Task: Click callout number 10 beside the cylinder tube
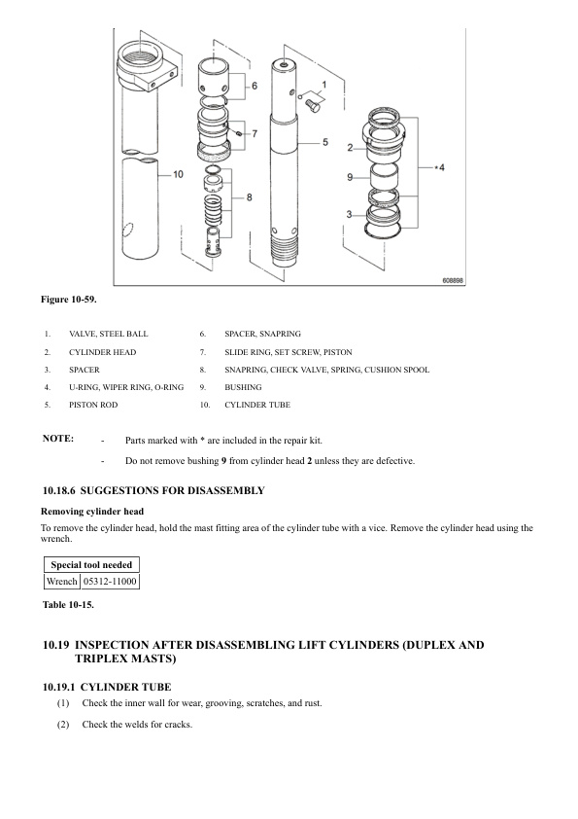click(x=178, y=174)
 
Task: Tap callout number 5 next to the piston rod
click(x=325, y=142)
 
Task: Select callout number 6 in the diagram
click(x=255, y=86)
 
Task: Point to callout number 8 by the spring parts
click(x=250, y=197)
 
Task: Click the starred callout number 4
click(x=439, y=167)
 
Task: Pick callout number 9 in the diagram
click(x=350, y=178)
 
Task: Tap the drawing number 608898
click(x=453, y=280)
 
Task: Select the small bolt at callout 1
click(x=313, y=106)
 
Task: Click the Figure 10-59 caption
click(x=69, y=300)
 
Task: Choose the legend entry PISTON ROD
click(x=93, y=405)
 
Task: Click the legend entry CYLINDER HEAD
click(x=103, y=352)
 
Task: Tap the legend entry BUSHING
click(x=243, y=387)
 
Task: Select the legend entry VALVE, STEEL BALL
click(x=109, y=334)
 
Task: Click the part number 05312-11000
click(x=110, y=582)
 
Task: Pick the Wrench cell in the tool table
click(x=62, y=582)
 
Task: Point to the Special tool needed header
click(x=91, y=565)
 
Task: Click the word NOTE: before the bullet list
click(x=58, y=439)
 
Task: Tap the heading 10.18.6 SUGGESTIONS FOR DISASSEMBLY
click(x=153, y=491)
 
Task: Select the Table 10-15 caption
click(x=68, y=605)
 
